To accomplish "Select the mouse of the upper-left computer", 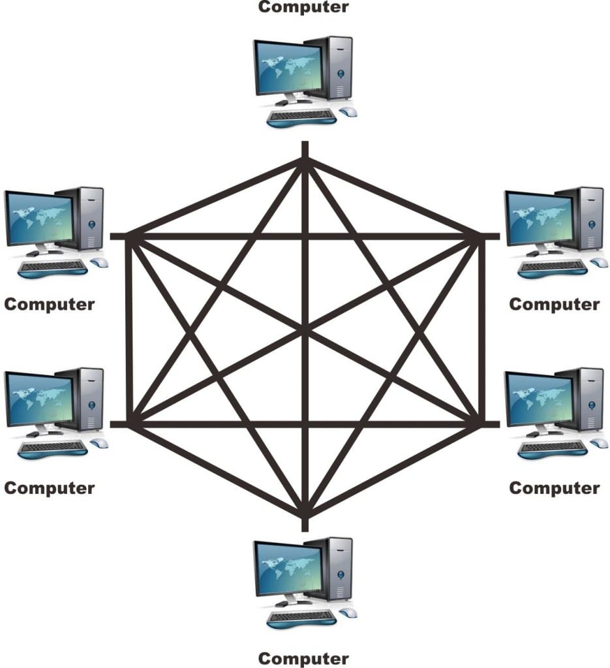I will click(99, 263).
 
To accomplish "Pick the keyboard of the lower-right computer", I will click(552, 448).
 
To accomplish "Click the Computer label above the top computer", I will click(303, 7).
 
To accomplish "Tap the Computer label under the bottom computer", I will click(303, 658).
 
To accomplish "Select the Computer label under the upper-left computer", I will click(49, 304).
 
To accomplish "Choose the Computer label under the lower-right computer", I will click(554, 488).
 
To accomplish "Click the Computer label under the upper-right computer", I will click(554, 304).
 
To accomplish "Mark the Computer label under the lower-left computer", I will click(49, 488).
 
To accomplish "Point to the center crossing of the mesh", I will click(305, 333).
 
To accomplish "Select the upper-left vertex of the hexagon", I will click(130, 236).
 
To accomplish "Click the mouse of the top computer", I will click(349, 112).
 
